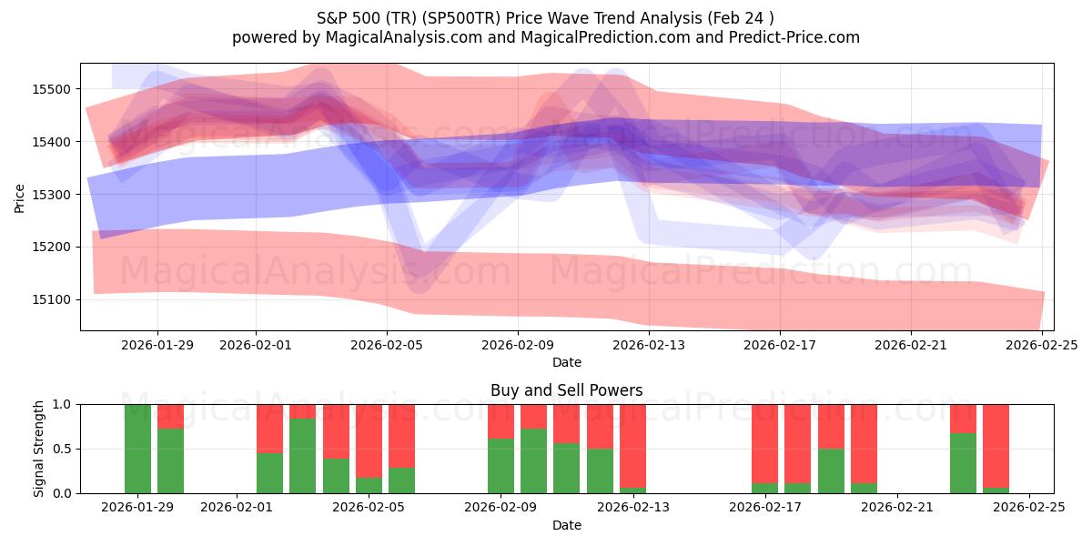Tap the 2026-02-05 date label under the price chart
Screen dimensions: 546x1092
pyautogui.click(x=387, y=345)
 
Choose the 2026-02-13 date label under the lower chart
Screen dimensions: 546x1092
pyautogui.click(x=633, y=508)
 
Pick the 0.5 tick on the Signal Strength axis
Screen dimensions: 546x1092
pyautogui.click(x=64, y=449)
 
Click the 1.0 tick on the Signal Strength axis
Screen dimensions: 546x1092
pyautogui.click(x=64, y=404)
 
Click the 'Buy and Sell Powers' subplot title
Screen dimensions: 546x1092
pyautogui.click(x=566, y=390)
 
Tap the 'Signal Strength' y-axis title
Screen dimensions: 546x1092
pyautogui.click(x=39, y=449)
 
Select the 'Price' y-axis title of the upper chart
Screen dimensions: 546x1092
pyautogui.click(x=20, y=197)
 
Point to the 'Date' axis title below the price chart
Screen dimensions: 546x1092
pyautogui.click(x=566, y=362)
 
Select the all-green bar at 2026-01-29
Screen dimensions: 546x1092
pyautogui.click(x=137, y=449)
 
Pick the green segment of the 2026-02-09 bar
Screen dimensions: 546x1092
pyautogui.click(x=500, y=466)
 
